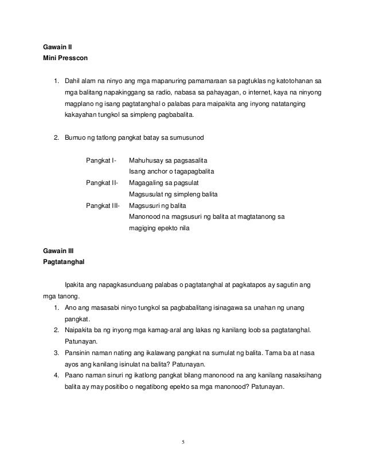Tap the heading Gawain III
(x=57, y=251)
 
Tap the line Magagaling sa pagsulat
(x=165, y=183)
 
